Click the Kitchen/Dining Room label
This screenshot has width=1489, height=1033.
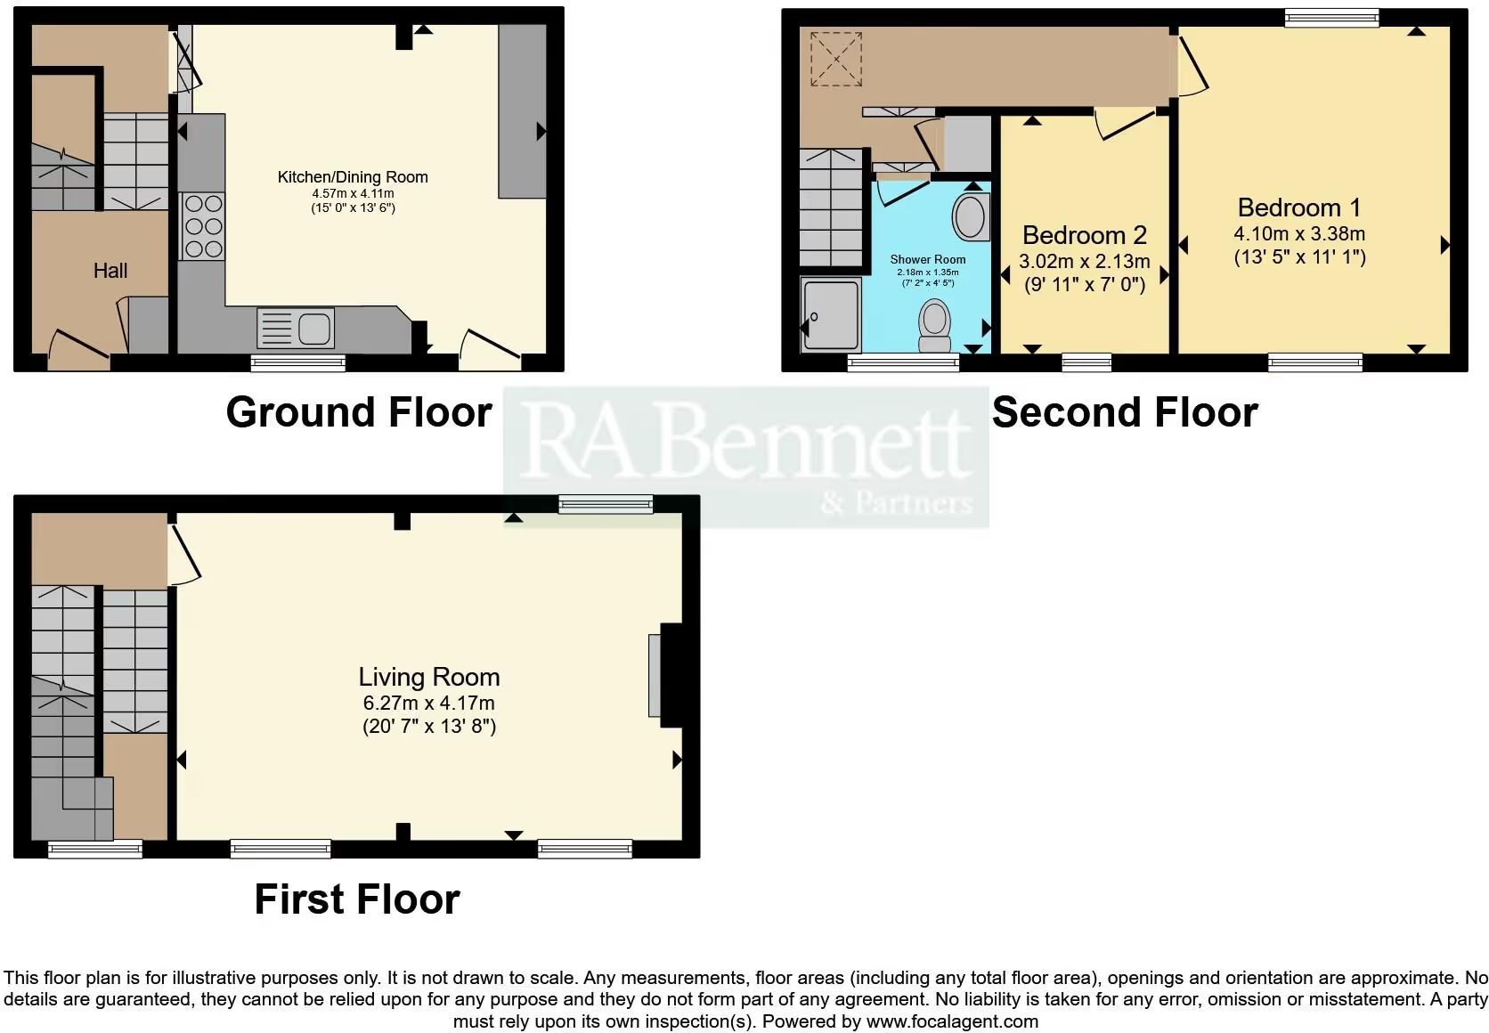pyautogui.click(x=353, y=177)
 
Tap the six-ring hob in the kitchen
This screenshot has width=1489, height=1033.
pyautogui.click(x=204, y=226)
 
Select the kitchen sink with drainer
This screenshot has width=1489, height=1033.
pyautogui.click(x=295, y=328)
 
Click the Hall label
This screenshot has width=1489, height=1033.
pyautogui.click(x=110, y=271)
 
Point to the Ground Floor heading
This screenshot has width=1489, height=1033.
pyautogui.click(x=359, y=412)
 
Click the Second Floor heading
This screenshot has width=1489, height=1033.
pyautogui.click(x=1125, y=412)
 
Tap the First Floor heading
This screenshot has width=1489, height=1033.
pyautogui.click(x=357, y=899)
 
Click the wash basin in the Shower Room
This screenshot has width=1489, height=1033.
pyautogui.click(x=972, y=216)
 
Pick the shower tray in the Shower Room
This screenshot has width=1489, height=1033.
pyautogui.click(x=831, y=314)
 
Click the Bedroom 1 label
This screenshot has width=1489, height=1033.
pyautogui.click(x=1299, y=207)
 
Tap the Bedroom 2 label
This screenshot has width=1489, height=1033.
pyautogui.click(x=1084, y=235)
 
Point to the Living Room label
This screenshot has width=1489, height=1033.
pyautogui.click(x=428, y=677)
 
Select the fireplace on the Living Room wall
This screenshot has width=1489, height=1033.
pyautogui.click(x=667, y=675)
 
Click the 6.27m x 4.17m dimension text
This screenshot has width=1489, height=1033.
pyautogui.click(x=428, y=703)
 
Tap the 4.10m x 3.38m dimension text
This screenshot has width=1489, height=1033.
pyautogui.click(x=1299, y=234)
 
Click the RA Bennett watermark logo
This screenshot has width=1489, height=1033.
pyautogui.click(x=745, y=457)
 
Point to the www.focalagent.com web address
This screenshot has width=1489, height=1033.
pyautogui.click(x=952, y=1021)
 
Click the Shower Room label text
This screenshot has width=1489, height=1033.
pyautogui.click(x=928, y=259)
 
